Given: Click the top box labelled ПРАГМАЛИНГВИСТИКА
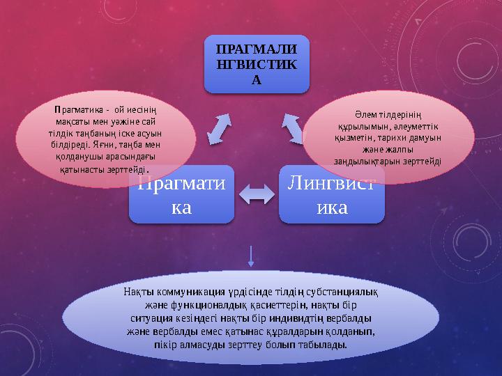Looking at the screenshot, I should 257,64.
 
